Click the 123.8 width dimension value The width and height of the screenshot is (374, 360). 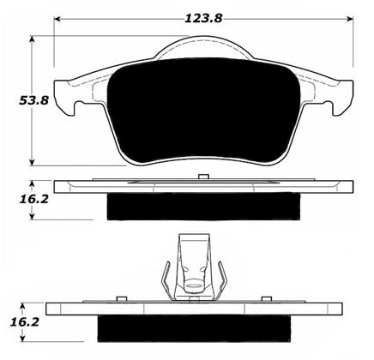(x=203, y=19)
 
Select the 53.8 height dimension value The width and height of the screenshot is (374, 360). (x=34, y=100)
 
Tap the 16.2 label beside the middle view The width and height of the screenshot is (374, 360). (x=34, y=200)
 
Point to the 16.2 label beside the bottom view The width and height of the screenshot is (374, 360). (x=25, y=322)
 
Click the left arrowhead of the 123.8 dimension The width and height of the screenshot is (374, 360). (x=57, y=19)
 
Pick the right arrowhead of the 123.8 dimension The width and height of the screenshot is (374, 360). (x=350, y=19)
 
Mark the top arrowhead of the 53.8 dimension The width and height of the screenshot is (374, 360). (x=33, y=39)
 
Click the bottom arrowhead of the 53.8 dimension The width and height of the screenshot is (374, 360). (x=33, y=162)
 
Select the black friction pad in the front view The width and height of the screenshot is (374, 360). (x=203, y=111)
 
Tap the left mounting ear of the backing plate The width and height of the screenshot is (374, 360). (x=64, y=97)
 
